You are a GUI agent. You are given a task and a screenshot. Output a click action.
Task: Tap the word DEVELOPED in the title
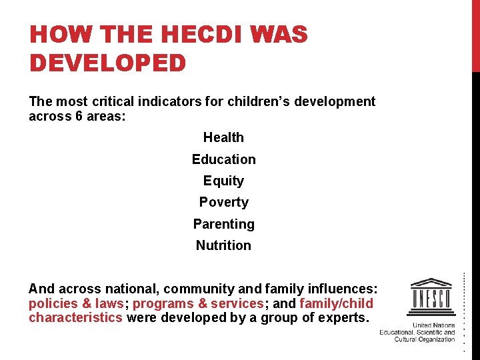pyautogui.click(x=107, y=63)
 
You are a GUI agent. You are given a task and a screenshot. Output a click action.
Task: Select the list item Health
pyautogui.click(x=223, y=137)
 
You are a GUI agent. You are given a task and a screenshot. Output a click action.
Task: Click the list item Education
pyautogui.click(x=223, y=159)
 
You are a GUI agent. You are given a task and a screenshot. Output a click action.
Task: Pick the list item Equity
pyautogui.click(x=223, y=181)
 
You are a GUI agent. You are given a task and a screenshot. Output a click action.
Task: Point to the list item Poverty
pyautogui.click(x=223, y=202)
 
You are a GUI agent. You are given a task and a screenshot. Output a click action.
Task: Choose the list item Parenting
pyautogui.click(x=223, y=224)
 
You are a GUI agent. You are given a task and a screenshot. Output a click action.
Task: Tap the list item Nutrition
pyautogui.click(x=223, y=245)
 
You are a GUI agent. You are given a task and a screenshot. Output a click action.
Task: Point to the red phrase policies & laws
pyautogui.click(x=76, y=303)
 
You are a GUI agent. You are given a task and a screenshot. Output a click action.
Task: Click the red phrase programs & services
pyautogui.click(x=199, y=303)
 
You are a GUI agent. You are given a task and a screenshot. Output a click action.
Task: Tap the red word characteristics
pyautogui.click(x=75, y=317)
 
